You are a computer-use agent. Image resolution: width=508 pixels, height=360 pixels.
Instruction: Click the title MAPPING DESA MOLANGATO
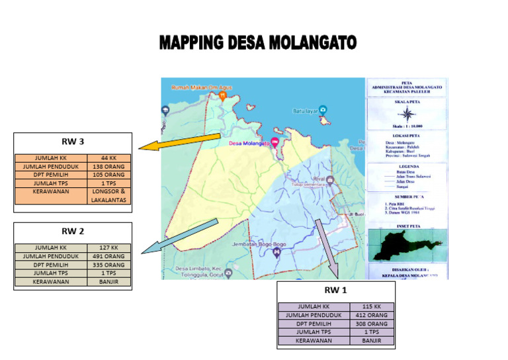tap(257, 44)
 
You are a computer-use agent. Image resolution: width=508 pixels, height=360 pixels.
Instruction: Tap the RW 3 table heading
tap(73, 141)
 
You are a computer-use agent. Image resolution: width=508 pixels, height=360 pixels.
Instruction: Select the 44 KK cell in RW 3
tap(108, 158)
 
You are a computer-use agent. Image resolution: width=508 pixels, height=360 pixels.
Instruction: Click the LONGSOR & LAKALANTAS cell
tap(108, 195)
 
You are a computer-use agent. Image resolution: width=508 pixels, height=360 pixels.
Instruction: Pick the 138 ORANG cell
tap(108, 167)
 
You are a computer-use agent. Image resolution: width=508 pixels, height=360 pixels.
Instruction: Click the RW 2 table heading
tap(73, 231)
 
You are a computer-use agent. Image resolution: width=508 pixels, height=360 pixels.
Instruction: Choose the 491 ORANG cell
tap(108, 256)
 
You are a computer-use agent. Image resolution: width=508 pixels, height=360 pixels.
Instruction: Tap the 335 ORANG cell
tap(108, 265)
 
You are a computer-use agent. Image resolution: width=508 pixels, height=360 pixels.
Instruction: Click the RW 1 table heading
tap(335, 290)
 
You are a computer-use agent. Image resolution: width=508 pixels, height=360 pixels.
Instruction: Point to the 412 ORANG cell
tap(372, 316)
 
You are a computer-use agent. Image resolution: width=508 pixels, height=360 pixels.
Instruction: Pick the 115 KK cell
tap(372, 307)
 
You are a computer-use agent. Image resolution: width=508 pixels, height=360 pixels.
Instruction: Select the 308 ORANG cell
tap(372, 324)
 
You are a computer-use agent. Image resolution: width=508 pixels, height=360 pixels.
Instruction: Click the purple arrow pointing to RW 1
tap(327, 247)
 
